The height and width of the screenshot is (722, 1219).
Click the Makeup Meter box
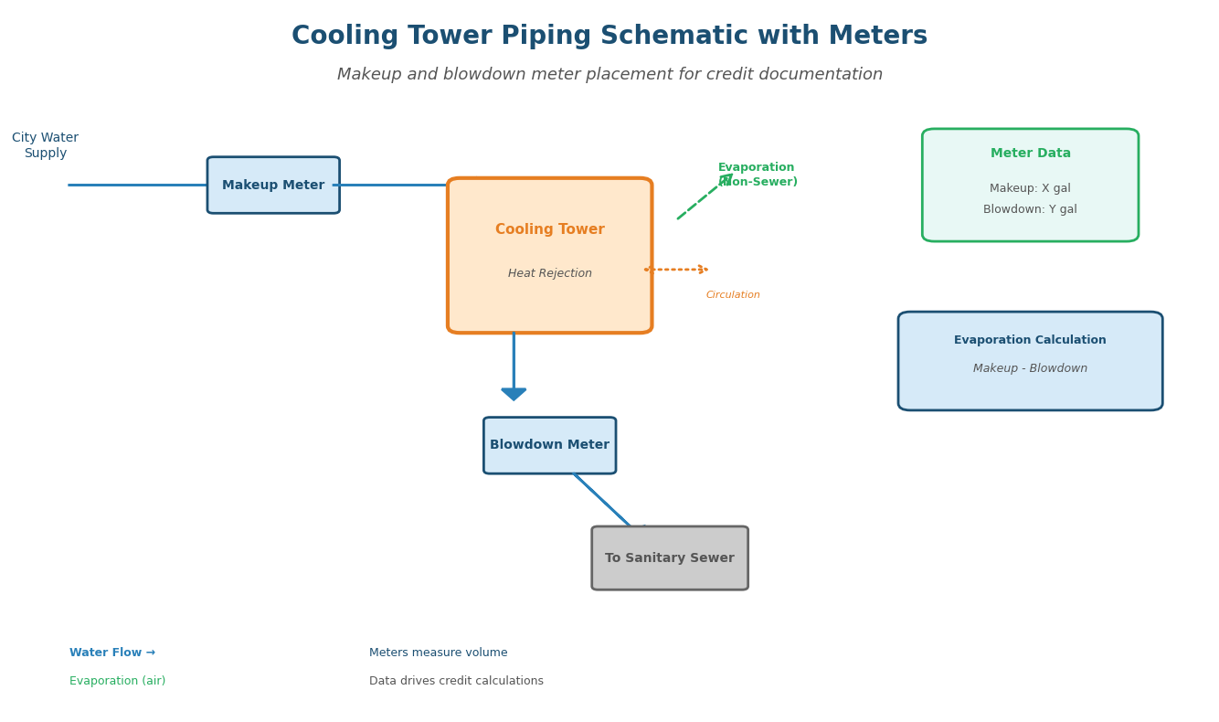coord(273,186)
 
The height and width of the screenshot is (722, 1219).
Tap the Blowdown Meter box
coord(549,445)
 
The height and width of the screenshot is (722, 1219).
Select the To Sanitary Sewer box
coord(669,558)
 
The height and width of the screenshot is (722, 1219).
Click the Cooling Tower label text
coord(549,229)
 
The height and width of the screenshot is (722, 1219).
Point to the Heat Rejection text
coord(549,273)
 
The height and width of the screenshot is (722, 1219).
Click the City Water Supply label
coord(45,145)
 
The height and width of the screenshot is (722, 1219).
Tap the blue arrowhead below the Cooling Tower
coord(514,394)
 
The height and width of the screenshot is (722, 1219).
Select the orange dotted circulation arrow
coord(675,270)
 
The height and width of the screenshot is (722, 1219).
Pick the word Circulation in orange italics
coord(733,295)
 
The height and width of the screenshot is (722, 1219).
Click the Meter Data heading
coord(1030,154)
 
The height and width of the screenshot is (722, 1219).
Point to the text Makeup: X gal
coord(1030,188)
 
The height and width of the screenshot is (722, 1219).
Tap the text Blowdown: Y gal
coord(1030,209)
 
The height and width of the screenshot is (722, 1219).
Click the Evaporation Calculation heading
coord(1030,340)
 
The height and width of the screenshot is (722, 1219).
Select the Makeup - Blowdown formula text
coord(1030,368)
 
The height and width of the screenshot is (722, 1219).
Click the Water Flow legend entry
coord(112,653)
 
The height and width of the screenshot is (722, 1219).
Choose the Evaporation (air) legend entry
coord(117,681)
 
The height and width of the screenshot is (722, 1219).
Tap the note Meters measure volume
coord(438,653)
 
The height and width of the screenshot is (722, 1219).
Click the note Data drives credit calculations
coord(456,681)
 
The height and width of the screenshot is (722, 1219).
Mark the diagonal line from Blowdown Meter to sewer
coord(601,499)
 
